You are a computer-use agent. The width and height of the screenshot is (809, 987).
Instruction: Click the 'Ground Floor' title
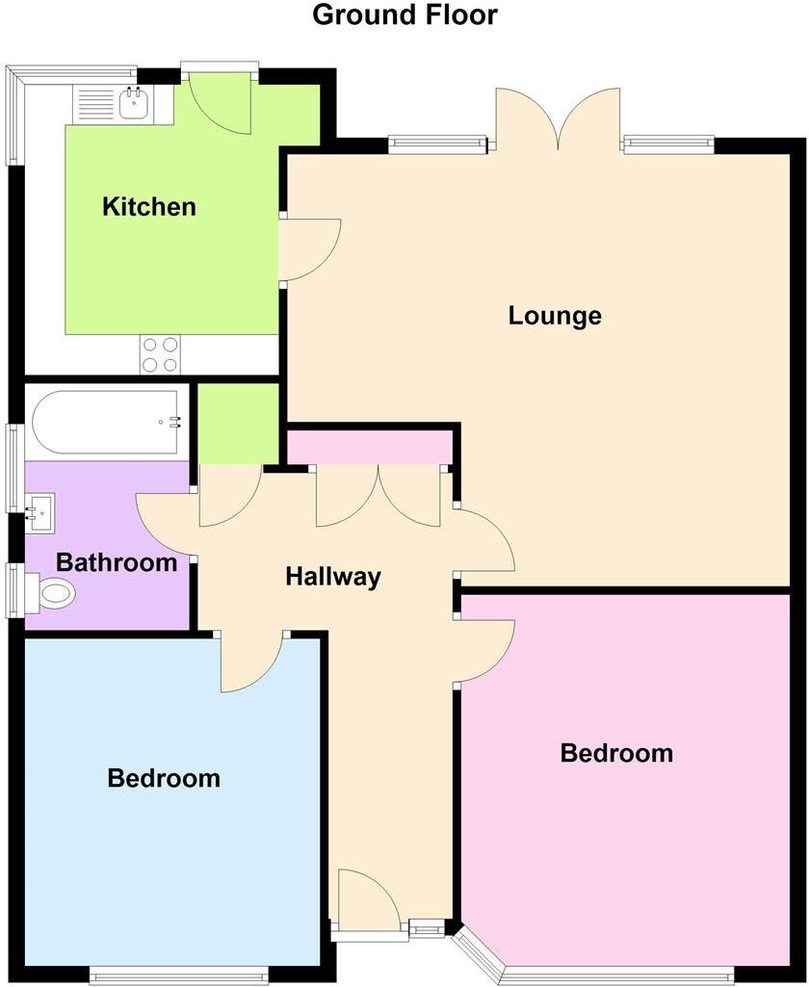(x=404, y=15)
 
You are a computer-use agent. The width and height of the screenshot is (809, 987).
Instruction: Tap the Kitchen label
(x=149, y=206)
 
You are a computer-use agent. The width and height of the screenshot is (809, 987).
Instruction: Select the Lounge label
(x=555, y=315)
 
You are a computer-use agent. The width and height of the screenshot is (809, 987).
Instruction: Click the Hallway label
(x=333, y=577)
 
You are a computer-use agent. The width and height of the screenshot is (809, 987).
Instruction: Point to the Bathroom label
(x=117, y=562)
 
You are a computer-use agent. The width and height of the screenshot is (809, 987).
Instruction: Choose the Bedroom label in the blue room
(x=164, y=777)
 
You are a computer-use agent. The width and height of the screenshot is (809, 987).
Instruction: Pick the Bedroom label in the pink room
(x=616, y=753)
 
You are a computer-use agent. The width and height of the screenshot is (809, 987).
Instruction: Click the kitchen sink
(x=134, y=103)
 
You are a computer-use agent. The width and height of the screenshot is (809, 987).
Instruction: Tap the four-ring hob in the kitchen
(x=160, y=353)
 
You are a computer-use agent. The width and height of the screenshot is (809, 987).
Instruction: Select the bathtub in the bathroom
(x=106, y=422)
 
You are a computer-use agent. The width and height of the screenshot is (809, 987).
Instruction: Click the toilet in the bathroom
(x=53, y=593)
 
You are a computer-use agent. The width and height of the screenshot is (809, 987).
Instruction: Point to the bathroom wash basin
(x=41, y=511)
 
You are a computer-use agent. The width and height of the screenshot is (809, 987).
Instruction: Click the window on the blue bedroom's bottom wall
(x=179, y=975)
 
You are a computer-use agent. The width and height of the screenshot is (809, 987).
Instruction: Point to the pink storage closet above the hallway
(x=371, y=447)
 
